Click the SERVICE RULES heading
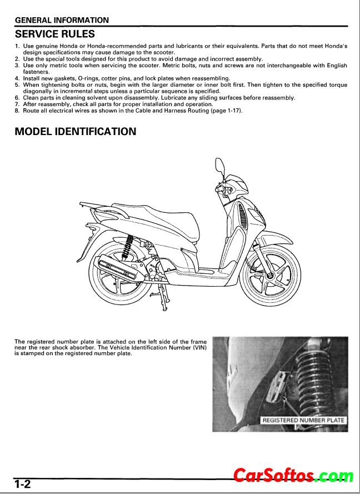(x=55, y=34)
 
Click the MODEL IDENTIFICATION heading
(x=76, y=131)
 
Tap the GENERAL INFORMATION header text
(x=62, y=20)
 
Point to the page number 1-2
(x=22, y=483)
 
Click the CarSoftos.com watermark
(x=293, y=476)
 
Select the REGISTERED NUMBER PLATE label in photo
(x=303, y=420)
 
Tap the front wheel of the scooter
(x=270, y=276)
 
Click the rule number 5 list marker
(x=17, y=85)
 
